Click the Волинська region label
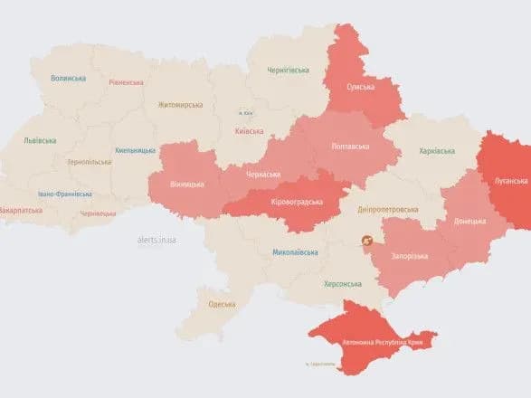coord(69,80)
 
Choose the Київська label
coord(249,131)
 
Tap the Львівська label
coord(40,140)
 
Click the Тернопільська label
coord(90,162)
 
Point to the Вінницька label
coord(187,185)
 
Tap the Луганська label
coord(511,181)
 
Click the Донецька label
coord(469,220)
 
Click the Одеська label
coord(223,305)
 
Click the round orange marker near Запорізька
coord(367,242)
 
